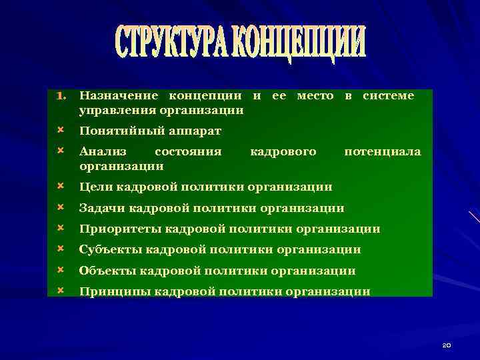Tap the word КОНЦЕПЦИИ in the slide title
(x=305, y=43)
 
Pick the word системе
(x=388, y=97)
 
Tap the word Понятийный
(x=119, y=131)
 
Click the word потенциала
(x=382, y=152)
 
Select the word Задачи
(x=101, y=208)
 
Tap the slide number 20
(x=447, y=345)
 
